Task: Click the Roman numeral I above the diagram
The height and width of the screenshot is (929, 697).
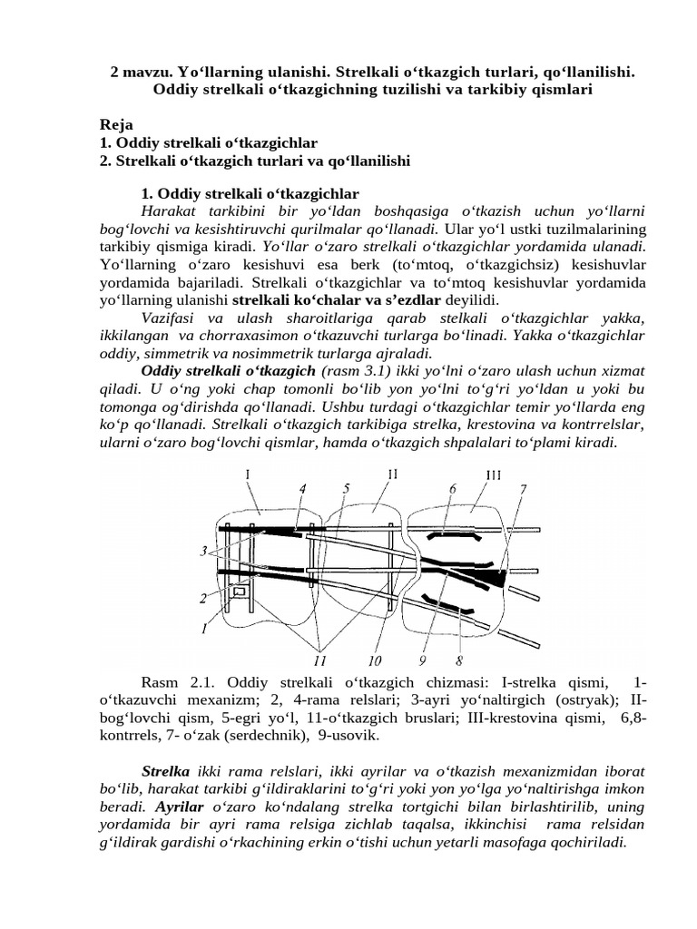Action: (x=249, y=473)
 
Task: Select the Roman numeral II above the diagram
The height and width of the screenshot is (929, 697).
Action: (x=392, y=473)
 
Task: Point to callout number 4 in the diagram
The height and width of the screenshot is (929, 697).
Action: (x=300, y=489)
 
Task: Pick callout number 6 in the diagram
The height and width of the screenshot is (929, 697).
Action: (x=452, y=489)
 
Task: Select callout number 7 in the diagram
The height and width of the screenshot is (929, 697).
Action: (x=522, y=489)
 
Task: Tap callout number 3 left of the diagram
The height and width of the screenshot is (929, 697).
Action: (x=207, y=551)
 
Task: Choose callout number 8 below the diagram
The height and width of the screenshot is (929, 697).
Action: (x=460, y=660)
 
